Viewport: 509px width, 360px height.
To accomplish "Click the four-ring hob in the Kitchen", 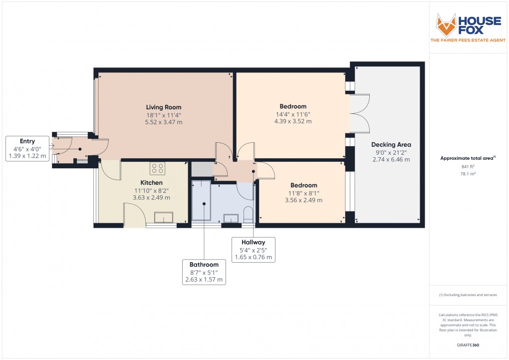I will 158,169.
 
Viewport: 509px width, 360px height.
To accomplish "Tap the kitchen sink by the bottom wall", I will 164,218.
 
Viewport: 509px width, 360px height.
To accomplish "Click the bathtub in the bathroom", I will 202,200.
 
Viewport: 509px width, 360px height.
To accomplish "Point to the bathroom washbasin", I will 231,218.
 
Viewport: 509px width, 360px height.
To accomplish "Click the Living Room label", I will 164,107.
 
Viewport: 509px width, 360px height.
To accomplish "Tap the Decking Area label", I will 391,145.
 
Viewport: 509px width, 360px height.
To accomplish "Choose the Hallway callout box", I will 254,250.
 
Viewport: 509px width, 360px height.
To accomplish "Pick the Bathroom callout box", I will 204,272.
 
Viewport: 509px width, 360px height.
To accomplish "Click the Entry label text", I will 27,141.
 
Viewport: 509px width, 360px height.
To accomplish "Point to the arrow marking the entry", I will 53,145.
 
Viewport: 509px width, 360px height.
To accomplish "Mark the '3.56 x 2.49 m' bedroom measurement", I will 303,200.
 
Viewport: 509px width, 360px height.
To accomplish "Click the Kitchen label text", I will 151,183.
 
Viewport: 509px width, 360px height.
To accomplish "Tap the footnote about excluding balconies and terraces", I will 468,295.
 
